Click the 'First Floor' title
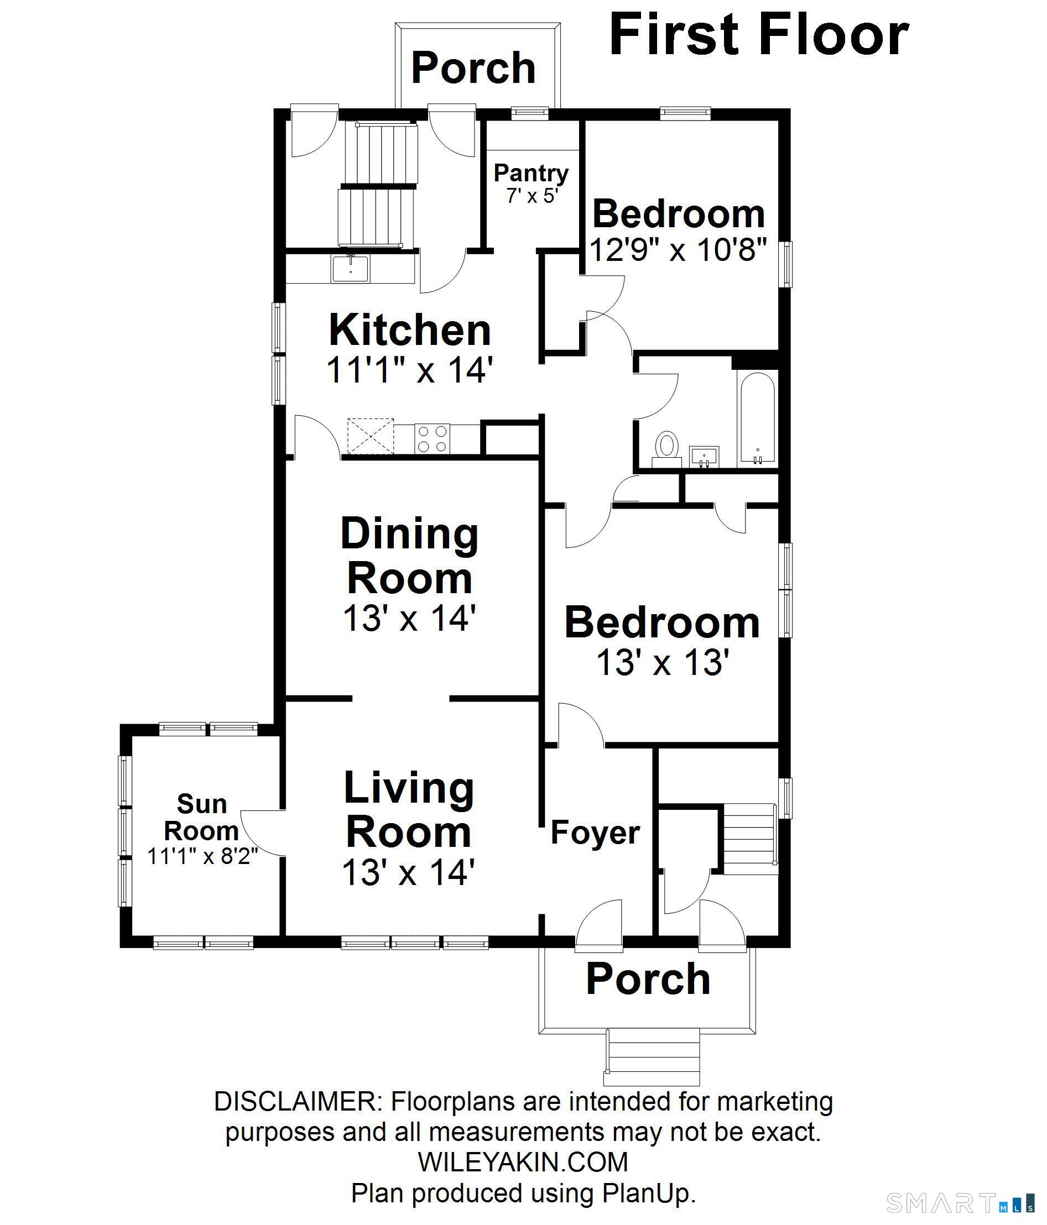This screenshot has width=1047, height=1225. pyautogui.click(x=759, y=35)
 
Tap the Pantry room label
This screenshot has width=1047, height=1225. pyautogui.click(x=531, y=173)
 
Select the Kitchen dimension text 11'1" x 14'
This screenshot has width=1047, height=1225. pyautogui.click(x=409, y=370)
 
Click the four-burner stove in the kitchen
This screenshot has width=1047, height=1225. pyautogui.click(x=433, y=439)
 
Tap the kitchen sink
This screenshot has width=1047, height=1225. pyautogui.click(x=350, y=269)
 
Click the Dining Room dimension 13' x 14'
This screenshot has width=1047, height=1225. pyautogui.click(x=409, y=619)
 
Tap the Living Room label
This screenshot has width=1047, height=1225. pyautogui.click(x=409, y=809)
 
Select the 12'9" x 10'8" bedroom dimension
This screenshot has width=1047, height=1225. pyautogui.click(x=679, y=249)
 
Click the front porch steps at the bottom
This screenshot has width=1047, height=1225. pyautogui.click(x=653, y=1056)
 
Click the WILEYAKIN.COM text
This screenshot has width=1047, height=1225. pyautogui.click(x=523, y=1163)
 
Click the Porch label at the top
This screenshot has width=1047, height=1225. pyautogui.click(x=473, y=67)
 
